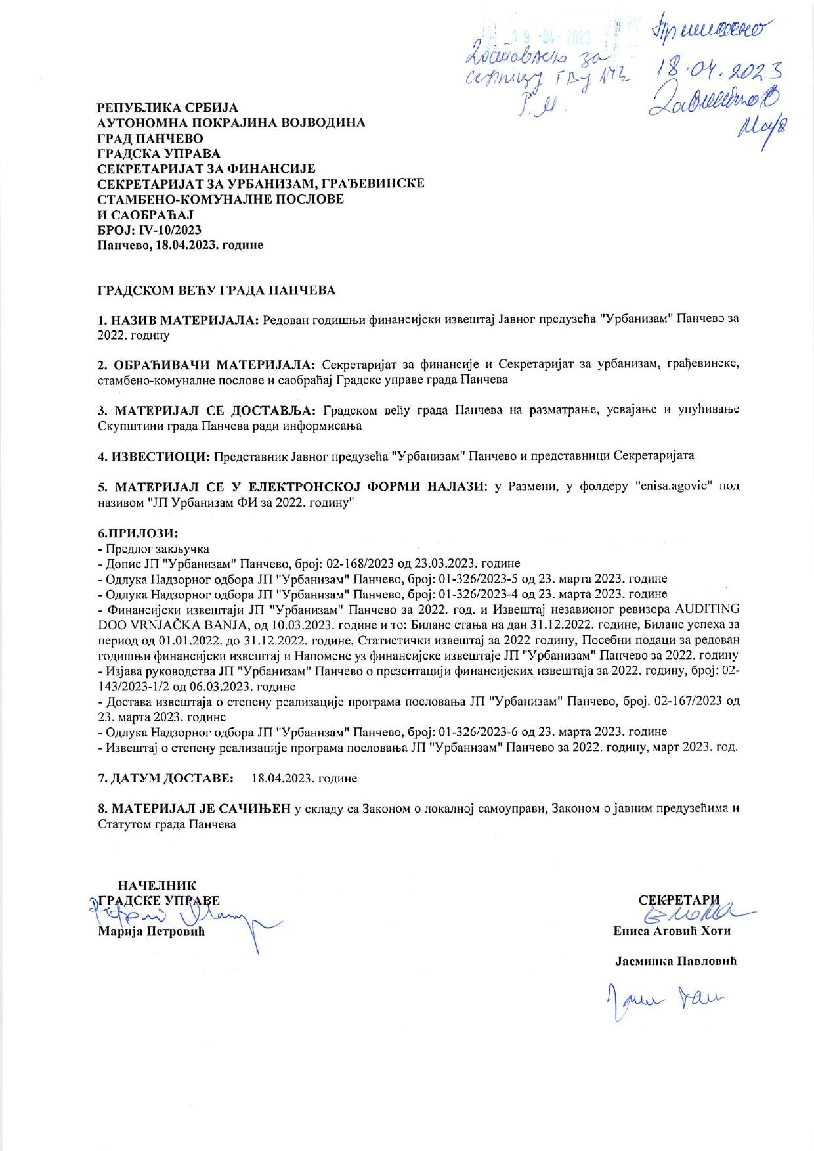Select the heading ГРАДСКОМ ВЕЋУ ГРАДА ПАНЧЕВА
[x=217, y=290]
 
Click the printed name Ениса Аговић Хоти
[x=672, y=931]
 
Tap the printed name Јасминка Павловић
[x=675, y=961]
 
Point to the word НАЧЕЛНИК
[x=156, y=886]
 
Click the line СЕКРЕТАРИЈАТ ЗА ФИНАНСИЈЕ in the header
[x=207, y=169]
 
